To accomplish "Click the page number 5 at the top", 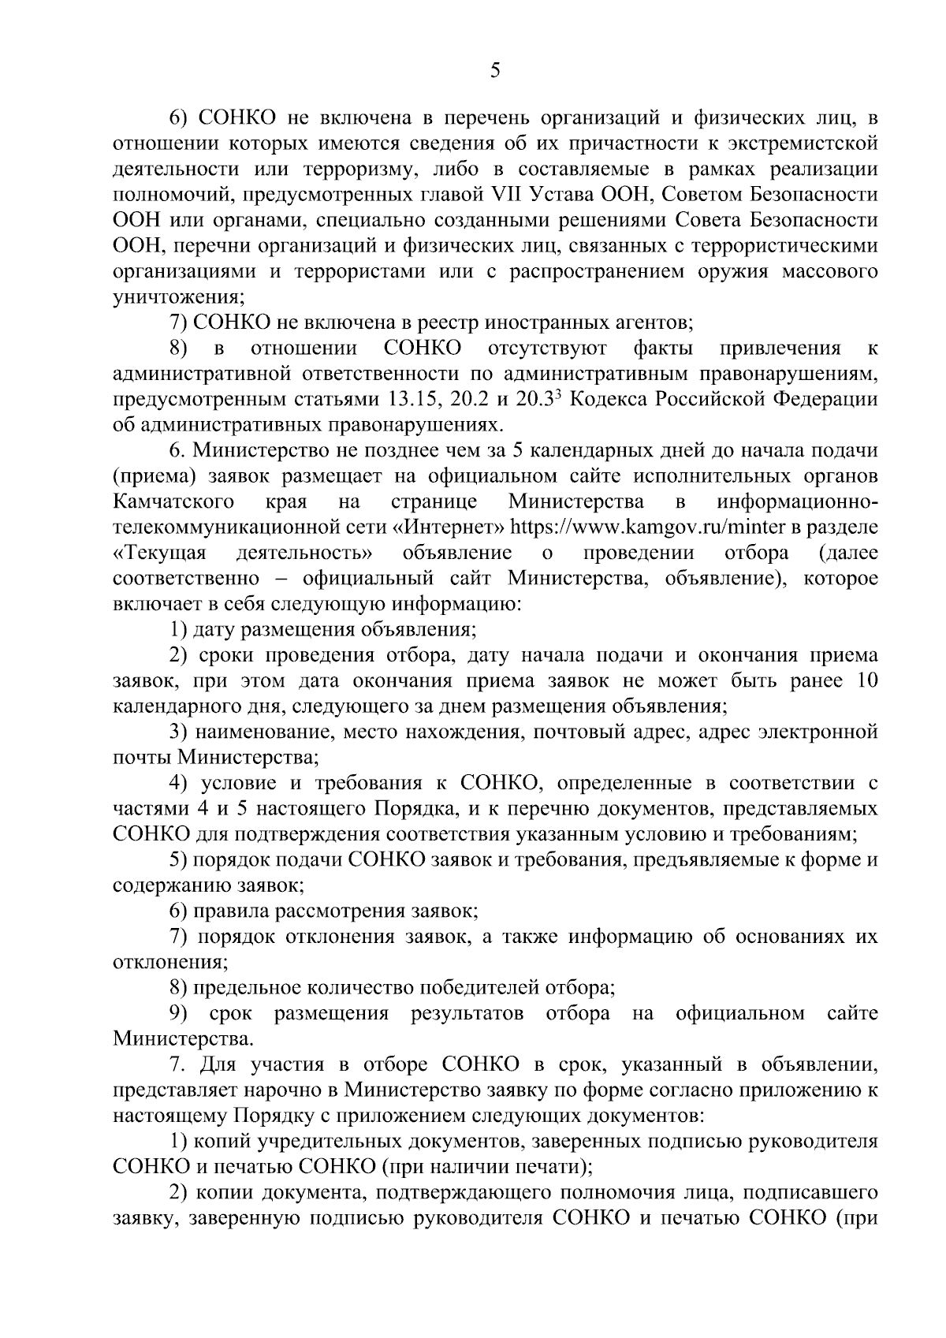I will pos(494,71).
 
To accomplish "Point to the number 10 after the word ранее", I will pos(866,680).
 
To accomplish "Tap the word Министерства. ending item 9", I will pos(184,1038).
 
